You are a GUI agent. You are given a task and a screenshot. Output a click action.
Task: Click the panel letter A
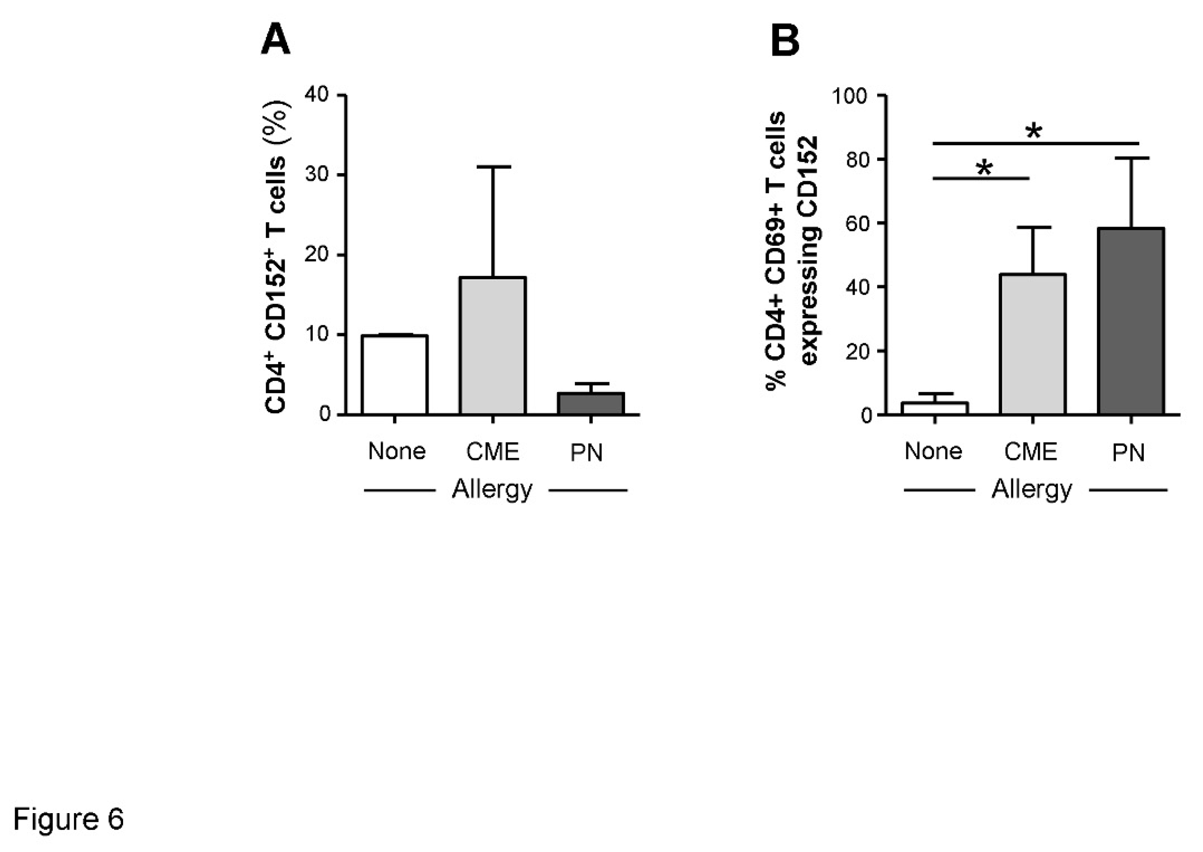click(275, 41)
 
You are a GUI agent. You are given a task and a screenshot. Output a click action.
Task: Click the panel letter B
click(785, 41)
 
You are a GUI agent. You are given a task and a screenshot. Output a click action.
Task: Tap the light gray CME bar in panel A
click(493, 346)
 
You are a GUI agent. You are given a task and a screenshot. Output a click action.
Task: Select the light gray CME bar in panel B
click(1032, 344)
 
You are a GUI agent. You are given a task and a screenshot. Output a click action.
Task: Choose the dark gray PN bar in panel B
click(1131, 321)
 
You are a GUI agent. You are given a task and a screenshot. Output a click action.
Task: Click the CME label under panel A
click(493, 451)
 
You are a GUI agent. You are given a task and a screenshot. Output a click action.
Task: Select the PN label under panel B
click(1129, 452)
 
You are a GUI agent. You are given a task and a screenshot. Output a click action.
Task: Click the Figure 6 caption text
click(68, 818)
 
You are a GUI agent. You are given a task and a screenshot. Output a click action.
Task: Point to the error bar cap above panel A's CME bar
click(493, 167)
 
